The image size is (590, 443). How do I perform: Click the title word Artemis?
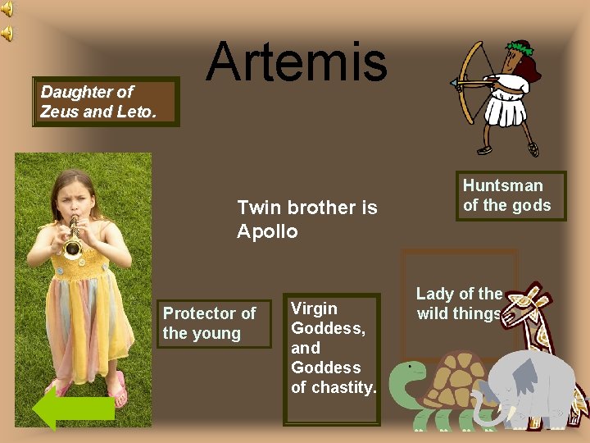[296, 62]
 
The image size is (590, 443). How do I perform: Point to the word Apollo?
[267, 231]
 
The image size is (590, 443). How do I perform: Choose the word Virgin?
[314, 308]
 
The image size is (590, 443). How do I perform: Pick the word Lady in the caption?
[435, 294]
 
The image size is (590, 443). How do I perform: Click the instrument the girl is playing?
[74, 238]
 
